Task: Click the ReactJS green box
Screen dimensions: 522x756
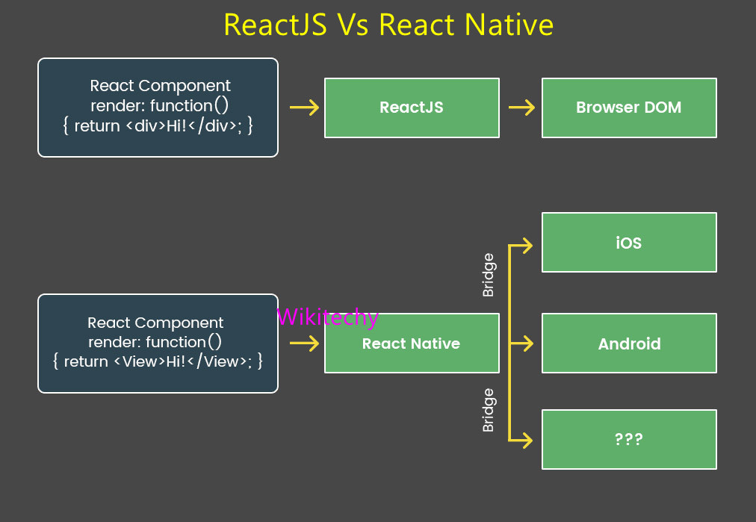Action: pos(412,108)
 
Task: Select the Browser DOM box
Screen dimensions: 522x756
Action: pos(629,108)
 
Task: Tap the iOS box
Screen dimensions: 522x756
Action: pos(629,243)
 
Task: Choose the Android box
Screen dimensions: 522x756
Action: pos(629,344)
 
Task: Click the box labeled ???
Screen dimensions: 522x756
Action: pos(629,439)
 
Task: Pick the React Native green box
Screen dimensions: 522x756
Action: pos(412,344)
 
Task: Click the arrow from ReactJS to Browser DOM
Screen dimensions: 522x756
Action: pos(521,108)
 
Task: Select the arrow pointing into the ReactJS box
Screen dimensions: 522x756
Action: pos(303,108)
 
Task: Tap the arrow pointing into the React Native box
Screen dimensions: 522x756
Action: pos(303,344)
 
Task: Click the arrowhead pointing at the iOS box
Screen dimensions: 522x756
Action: pos(527,245)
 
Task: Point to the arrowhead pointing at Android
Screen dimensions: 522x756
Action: pos(527,344)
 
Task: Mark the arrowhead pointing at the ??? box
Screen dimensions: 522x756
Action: pos(527,441)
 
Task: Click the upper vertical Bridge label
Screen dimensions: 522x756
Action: pos(489,276)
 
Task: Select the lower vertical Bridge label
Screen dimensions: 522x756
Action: pos(489,410)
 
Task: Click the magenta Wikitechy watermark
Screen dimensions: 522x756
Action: pos(327,317)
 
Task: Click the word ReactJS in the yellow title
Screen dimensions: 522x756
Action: pos(274,25)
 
